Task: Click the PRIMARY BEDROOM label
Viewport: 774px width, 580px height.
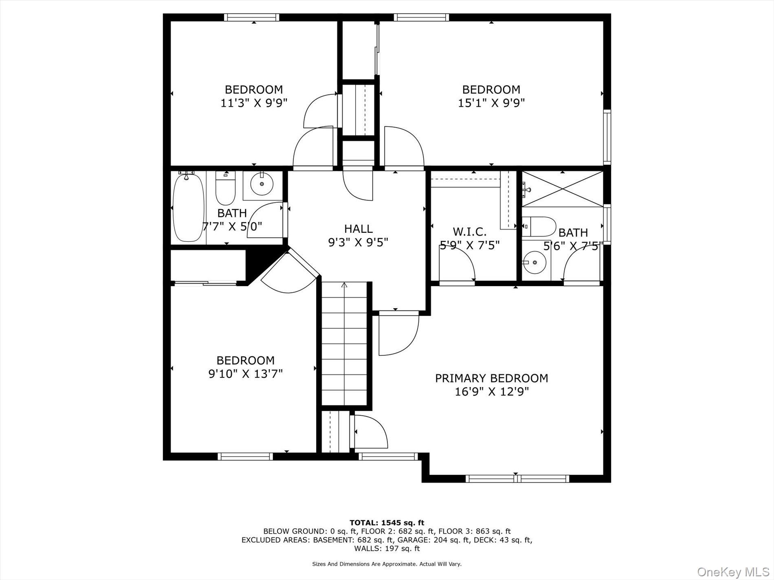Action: [x=491, y=378]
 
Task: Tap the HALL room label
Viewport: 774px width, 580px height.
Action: [x=358, y=229]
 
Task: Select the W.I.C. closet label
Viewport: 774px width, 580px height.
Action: [x=469, y=232]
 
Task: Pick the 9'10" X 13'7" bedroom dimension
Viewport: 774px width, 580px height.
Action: [x=245, y=374]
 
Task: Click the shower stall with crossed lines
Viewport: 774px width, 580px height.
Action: [x=562, y=189]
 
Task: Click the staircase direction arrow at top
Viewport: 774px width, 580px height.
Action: [x=344, y=285]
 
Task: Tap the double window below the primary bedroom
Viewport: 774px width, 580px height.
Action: [x=517, y=479]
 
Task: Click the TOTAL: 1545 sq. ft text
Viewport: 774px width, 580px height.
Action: [x=387, y=523]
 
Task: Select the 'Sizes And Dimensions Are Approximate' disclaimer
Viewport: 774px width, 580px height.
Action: [x=387, y=564]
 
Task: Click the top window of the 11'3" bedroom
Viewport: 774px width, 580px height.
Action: [x=252, y=18]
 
